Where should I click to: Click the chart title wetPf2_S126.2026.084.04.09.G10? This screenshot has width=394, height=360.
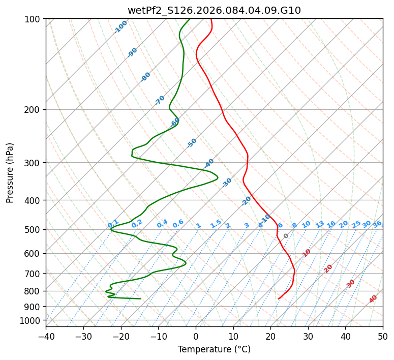[214, 10]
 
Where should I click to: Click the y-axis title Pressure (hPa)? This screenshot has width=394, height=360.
[10, 172]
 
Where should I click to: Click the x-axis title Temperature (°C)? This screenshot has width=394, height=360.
[214, 349]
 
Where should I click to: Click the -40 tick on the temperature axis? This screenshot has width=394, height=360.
[46, 336]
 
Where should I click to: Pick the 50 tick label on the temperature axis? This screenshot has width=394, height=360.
[383, 336]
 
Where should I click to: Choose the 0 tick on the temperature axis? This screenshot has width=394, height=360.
[196, 336]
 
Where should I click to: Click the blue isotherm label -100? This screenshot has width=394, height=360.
[120, 26]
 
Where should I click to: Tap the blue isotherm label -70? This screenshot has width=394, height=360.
[160, 100]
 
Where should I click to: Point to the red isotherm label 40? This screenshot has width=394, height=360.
[373, 299]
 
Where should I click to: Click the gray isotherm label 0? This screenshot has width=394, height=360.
[286, 236]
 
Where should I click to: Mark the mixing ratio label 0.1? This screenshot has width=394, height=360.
[113, 223]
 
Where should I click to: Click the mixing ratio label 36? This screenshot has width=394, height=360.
[377, 224]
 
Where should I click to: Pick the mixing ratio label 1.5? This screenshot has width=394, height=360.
[216, 223]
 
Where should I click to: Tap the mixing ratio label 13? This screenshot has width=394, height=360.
[320, 224]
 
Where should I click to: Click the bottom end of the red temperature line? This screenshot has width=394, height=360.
[279, 298]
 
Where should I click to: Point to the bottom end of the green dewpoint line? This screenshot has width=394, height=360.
[140, 298]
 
